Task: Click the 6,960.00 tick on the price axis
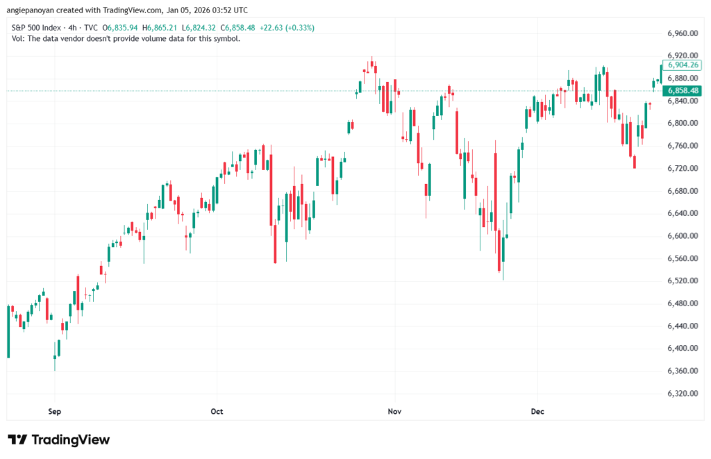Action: pyautogui.click(x=682, y=33)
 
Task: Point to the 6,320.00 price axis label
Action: pyautogui.click(x=682, y=393)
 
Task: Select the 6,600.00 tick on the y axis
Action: pyautogui.click(x=682, y=236)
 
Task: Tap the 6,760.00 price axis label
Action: pyautogui.click(x=682, y=146)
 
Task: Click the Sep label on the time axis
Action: pyautogui.click(x=55, y=411)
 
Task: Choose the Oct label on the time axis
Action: pyautogui.click(x=217, y=411)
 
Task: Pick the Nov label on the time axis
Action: pyautogui.click(x=394, y=411)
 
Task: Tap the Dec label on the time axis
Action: pyautogui.click(x=537, y=411)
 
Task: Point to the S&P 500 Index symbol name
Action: pyautogui.click(x=36, y=28)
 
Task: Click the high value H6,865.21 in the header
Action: pyautogui.click(x=160, y=28)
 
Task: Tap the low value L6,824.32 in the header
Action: pyautogui.click(x=199, y=28)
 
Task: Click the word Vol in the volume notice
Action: pyautogui.click(x=17, y=38)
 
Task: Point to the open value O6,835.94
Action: pyautogui.click(x=121, y=28)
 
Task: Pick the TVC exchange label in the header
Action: pyautogui.click(x=90, y=28)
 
